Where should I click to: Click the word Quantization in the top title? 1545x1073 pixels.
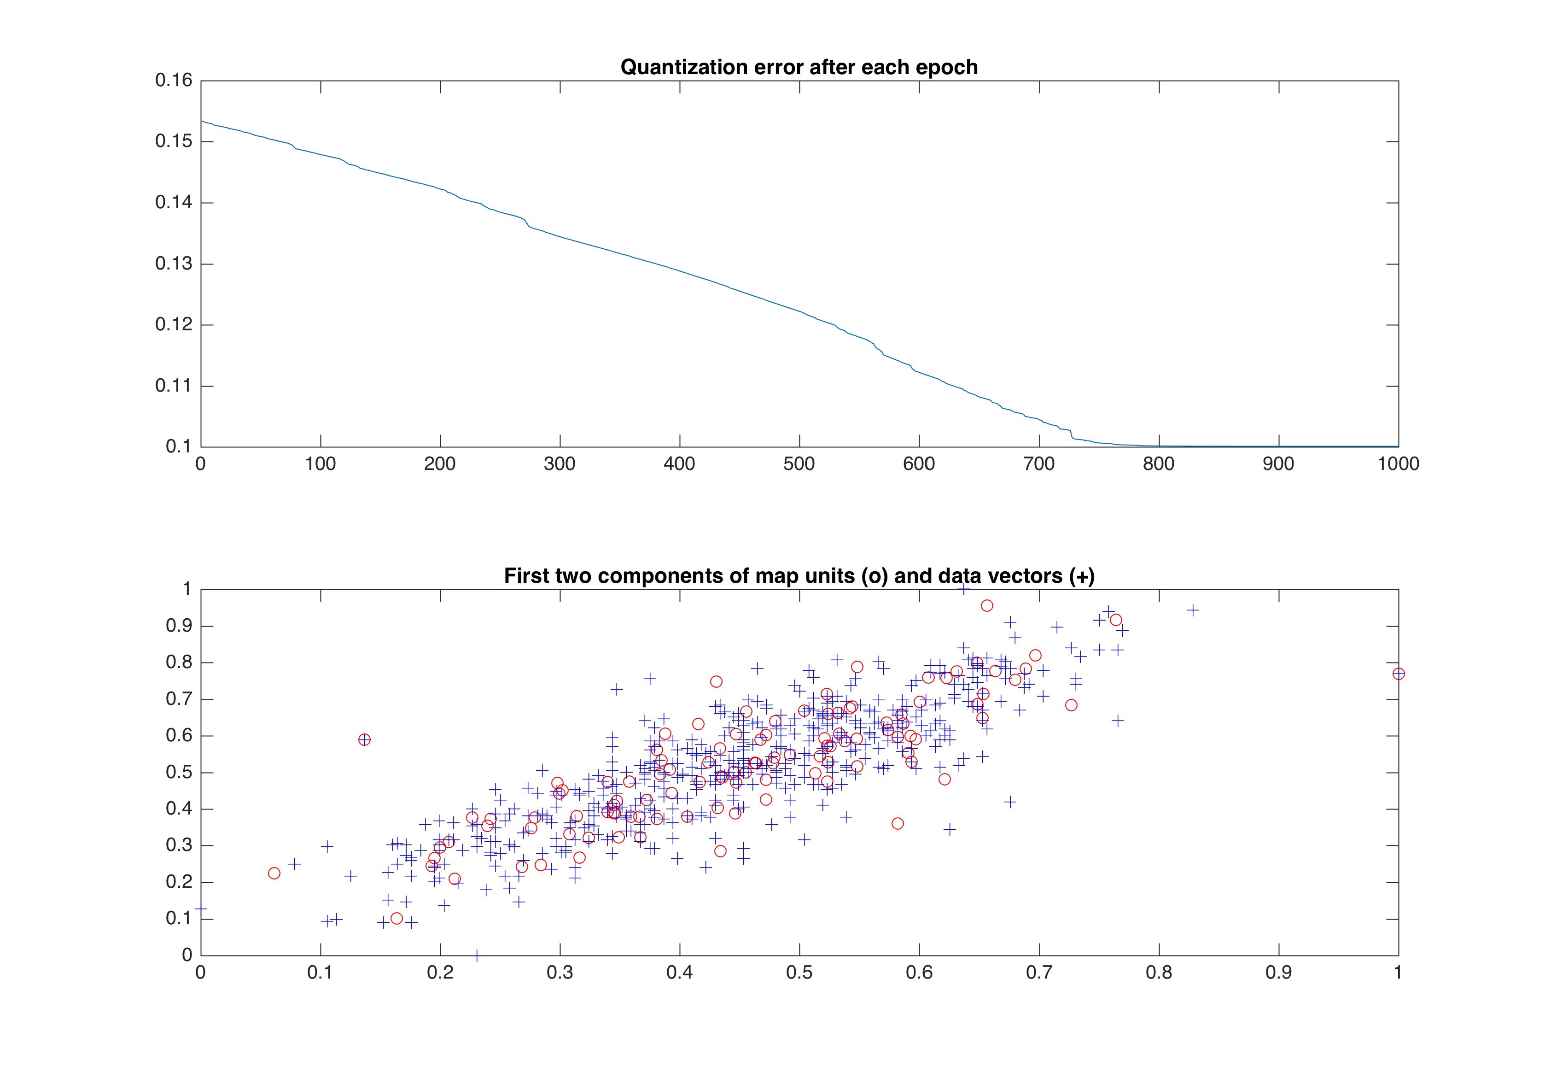click(679, 67)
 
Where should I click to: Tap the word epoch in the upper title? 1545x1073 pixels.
click(946, 67)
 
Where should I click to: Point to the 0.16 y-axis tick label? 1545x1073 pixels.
click(174, 81)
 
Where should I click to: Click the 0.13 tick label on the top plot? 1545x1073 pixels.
click(174, 264)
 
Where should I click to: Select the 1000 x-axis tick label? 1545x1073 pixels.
click(1398, 464)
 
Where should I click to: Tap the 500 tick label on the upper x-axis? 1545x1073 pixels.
click(799, 464)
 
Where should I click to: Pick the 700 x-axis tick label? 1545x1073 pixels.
click(1039, 464)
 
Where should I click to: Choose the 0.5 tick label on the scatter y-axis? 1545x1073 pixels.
click(179, 772)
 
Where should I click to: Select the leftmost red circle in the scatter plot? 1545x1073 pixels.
click(274, 874)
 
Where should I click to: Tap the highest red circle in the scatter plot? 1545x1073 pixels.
click(986, 606)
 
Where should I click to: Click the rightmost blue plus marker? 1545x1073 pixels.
click(1193, 610)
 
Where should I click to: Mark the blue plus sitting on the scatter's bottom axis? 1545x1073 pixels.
click(477, 955)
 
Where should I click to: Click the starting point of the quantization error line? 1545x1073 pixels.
click(202, 121)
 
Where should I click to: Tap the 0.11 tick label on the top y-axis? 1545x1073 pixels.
click(174, 386)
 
